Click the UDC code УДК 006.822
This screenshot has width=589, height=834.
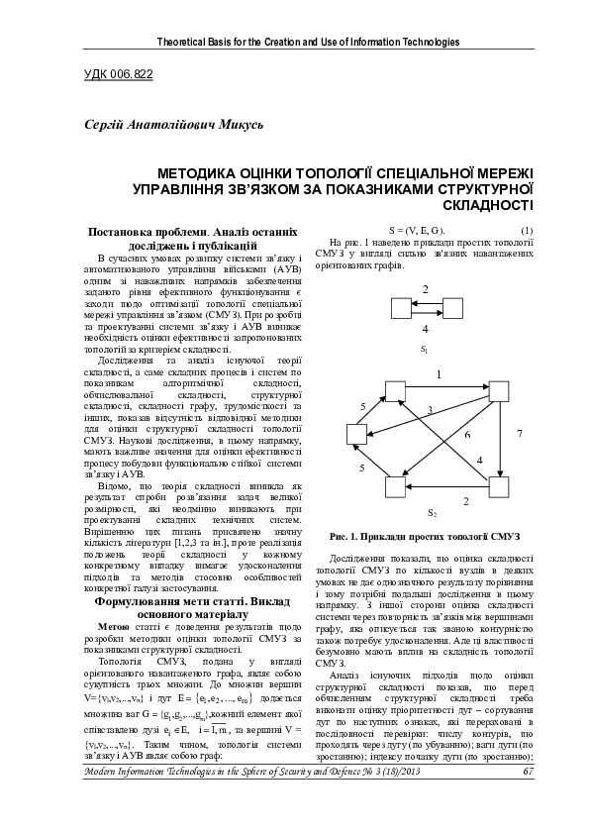tap(115, 73)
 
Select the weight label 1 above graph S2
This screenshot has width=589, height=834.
tap(439, 374)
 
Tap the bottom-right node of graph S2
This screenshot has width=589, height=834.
tap(502, 486)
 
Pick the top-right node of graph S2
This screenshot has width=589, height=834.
tap(502, 388)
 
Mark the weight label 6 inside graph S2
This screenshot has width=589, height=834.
tap(467, 435)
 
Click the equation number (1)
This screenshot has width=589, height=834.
tap(526, 230)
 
